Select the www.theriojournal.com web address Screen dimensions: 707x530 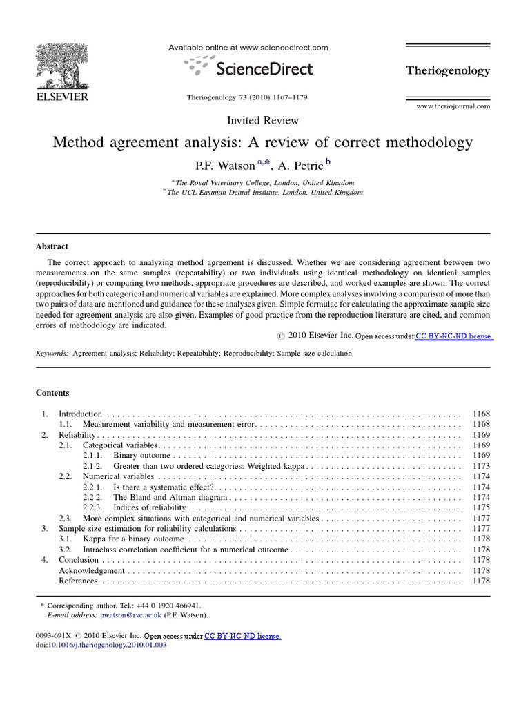pyautogui.click(x=453, y=106)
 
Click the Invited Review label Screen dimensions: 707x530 pyautogui.click(x=264, y=120)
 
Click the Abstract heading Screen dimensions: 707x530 pyautogui.click(x=52, y=246)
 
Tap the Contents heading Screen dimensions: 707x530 pyautogui.click(x=52, y=393)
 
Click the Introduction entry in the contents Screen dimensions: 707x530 pyautogui.click(x=80, y=414)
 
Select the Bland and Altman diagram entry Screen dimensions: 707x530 pyautogui.click(x=170, y=497)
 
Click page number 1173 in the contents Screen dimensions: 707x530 pyautogui.click(x=481, y=466)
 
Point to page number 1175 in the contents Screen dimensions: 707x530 pyautogui.click(x=481, y=507)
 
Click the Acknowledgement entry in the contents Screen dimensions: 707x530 pyautogui.click(x=92, y=570)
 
